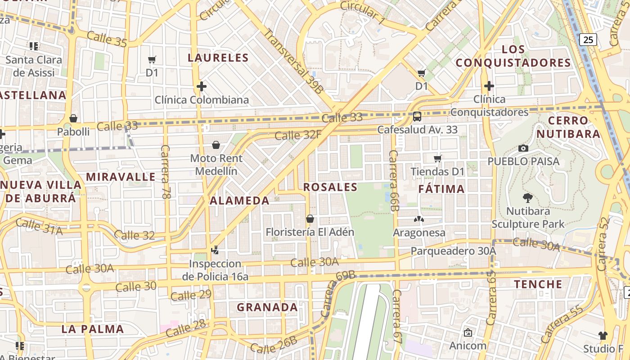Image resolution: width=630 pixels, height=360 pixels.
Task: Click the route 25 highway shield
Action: tap(588, 40)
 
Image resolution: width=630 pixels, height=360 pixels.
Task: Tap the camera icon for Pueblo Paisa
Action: tap(523, 148)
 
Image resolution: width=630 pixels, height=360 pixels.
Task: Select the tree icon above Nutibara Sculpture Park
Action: tap(527, 198)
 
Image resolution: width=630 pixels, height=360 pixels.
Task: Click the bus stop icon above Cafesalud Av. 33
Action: tap(417, 117)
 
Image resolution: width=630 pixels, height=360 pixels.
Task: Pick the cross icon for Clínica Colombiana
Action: tap(202, 86)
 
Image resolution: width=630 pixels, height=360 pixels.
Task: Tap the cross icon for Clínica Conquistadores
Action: tap(489, 85)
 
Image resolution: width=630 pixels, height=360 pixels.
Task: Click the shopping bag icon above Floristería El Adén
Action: tap(310, 219)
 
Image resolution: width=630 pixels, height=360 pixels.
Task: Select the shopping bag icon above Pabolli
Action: tap(73, 118)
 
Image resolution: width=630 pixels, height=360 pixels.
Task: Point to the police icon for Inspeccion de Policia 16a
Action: tap(215, 250)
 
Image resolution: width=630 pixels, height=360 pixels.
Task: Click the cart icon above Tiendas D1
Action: tap(437, 158)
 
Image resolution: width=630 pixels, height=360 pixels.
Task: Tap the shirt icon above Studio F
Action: tap(603, 335)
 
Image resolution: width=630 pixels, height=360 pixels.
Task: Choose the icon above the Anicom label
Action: tap(468, 333)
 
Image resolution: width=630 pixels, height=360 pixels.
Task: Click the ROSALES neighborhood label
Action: tap(330, 187)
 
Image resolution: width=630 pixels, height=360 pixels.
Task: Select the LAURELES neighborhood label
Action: tap(218, 58)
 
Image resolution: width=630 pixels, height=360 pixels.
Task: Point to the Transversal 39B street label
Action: tap(293, 61)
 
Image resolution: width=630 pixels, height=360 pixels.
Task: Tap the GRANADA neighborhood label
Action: tap(267, 307)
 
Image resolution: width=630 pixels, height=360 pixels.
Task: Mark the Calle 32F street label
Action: tap(298, 135)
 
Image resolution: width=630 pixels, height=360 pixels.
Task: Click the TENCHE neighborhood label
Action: tap(538, 284)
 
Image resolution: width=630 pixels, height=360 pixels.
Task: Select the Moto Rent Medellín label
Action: tap(216, 165)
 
